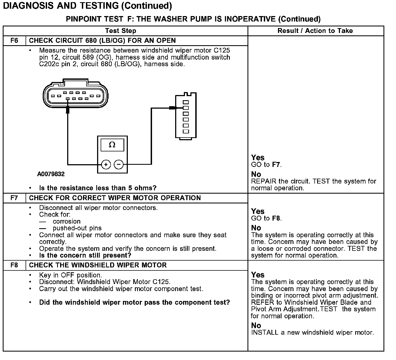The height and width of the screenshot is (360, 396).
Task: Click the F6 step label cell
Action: [14, 41]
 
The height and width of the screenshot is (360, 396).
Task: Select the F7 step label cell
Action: [14, 198]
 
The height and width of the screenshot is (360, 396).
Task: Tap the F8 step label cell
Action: [14, 265]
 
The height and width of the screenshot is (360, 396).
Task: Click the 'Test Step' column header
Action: [120, 31]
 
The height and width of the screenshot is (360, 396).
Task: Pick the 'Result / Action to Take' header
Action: [315, 31]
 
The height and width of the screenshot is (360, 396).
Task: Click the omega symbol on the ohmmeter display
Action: [112, 145]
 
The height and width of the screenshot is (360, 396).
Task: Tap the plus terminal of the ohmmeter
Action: [106, 164]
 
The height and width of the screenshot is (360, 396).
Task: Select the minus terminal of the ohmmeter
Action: [119, 164]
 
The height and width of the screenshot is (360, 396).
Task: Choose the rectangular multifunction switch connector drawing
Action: [186, 116]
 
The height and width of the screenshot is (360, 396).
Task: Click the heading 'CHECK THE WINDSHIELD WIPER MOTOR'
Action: [98, 265]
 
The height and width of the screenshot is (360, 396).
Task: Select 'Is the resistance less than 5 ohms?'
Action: [98, 188]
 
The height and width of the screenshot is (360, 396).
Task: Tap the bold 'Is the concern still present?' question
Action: [85, 255]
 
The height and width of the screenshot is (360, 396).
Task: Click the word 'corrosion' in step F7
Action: [67, 221]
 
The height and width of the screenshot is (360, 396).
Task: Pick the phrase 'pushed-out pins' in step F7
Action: [77, 228]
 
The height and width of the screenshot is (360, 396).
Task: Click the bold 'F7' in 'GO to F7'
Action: [276, 165]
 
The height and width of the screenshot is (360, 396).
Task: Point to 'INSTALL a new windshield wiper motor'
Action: [312, 332]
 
